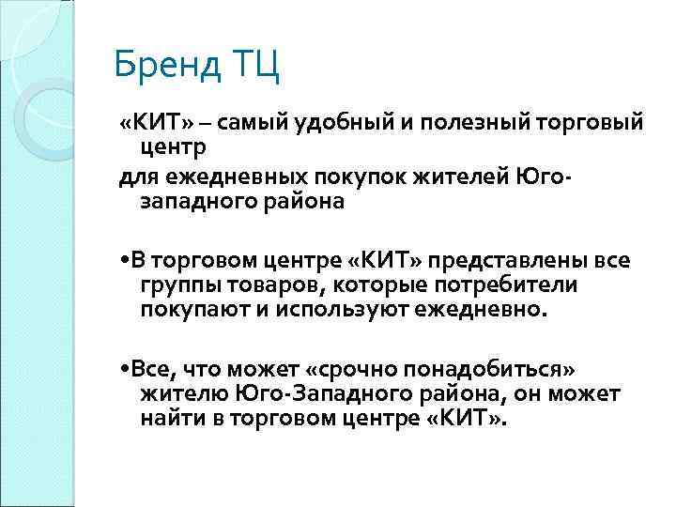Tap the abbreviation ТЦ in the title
click(x=253, y=68)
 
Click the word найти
click(x=172, y=416)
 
